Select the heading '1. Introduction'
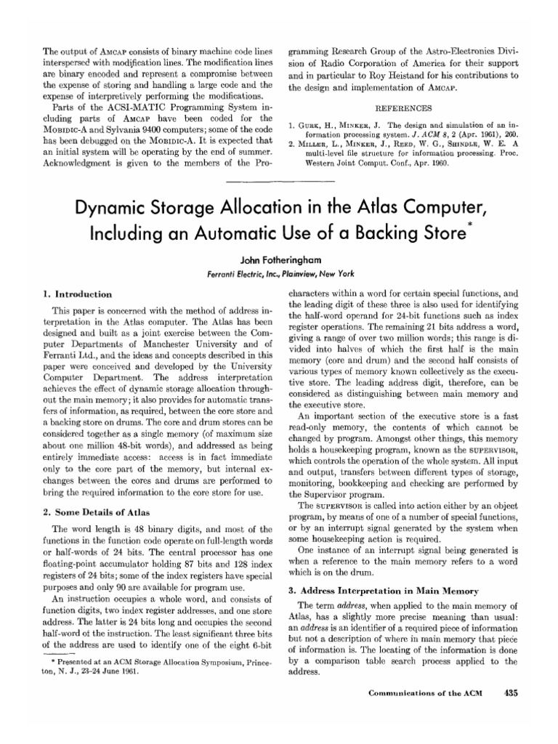[77, 294]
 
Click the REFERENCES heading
[403, 104]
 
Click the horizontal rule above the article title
[278, 182]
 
